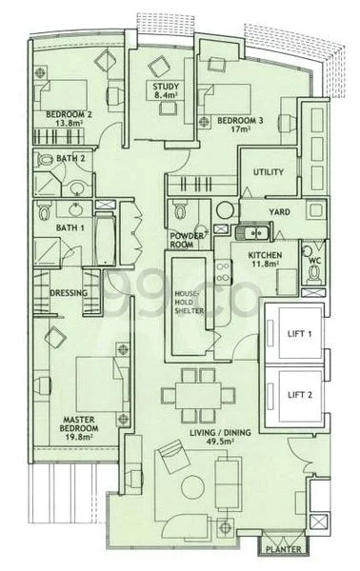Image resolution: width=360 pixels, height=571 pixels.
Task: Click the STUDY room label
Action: [166, 87]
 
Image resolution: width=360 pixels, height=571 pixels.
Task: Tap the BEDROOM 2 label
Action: [69, 114]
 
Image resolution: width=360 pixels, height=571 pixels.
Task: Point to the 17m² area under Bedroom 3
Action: [239, 128]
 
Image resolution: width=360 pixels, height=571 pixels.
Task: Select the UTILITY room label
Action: [269, 172]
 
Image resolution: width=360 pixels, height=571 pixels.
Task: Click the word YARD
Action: [279, 212]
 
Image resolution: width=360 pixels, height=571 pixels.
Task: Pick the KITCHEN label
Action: [265, 255]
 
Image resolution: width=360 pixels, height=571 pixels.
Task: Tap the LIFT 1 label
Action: [299, 334]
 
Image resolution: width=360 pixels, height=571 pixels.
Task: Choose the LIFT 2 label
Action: [300, 395]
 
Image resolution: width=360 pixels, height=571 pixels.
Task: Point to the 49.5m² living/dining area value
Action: [220, 442]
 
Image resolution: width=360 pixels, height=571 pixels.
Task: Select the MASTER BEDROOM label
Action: [79, 424]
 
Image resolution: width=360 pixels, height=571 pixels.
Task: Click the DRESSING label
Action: [69, 293]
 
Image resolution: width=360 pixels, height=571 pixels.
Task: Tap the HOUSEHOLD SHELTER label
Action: [189, 303]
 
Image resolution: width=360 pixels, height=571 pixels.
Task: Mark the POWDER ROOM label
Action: [187, 241]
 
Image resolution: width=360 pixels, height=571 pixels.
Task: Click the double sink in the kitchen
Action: [253, 232]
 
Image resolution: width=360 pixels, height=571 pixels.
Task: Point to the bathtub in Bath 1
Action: [105, 240]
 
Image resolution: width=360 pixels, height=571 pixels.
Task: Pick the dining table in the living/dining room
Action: [198, 396]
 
